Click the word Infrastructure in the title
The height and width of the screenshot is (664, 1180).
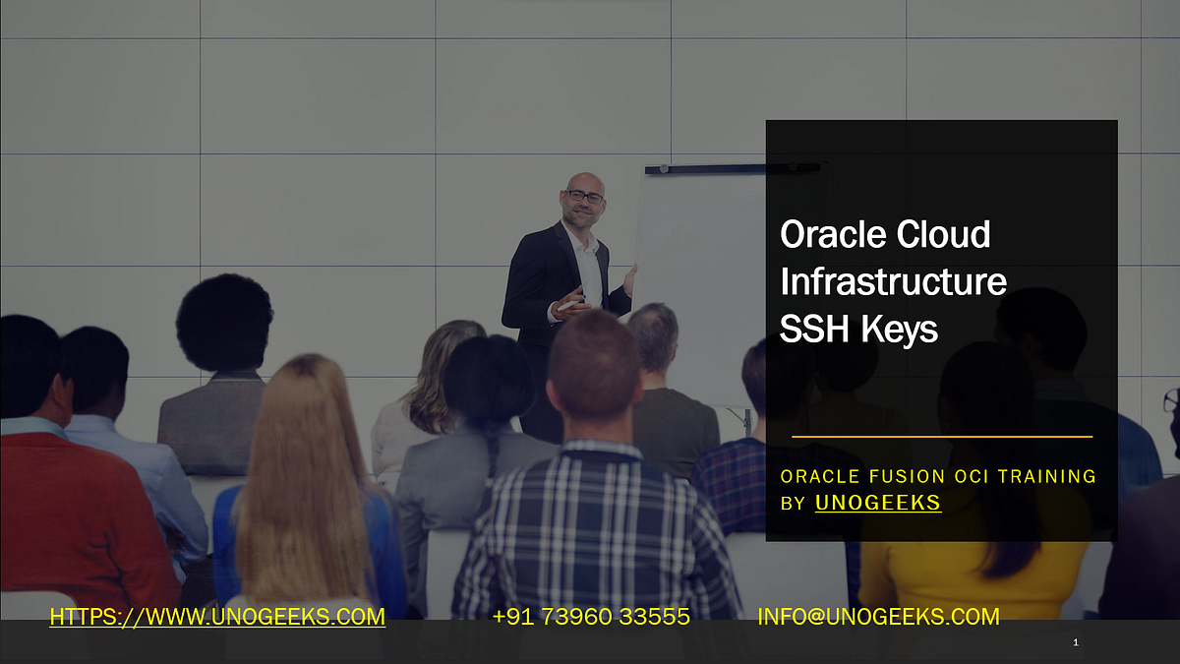(893, 282)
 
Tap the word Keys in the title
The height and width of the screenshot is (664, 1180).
(899, 330)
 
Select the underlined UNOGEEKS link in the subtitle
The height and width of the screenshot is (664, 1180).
(877, 503)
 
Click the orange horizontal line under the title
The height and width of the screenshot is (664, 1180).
(941, 436)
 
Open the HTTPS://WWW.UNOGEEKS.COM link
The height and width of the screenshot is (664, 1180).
(217, 617)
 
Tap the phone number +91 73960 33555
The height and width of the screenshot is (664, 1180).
(590, 617)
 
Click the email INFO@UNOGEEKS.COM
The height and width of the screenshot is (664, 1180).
(877, 617)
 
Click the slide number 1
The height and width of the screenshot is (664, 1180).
(1076, 642)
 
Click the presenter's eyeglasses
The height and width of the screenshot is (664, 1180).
(585, 197)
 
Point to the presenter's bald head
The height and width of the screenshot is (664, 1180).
(583, 181)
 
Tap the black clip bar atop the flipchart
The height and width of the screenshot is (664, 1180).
(733, 169)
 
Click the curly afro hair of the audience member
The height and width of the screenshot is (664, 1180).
(223, 323)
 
